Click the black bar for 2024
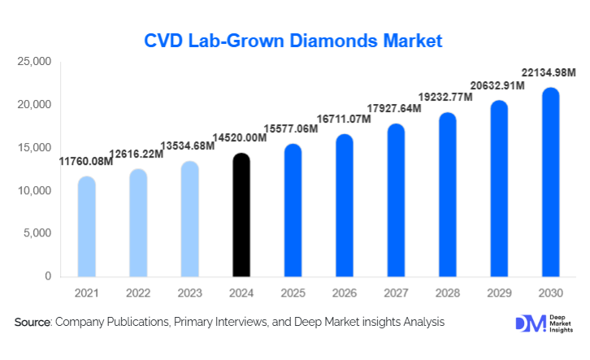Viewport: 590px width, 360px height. (x=241, y=215)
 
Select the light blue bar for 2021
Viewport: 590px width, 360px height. (x=86, y=227)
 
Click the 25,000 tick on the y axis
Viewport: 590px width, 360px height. (x=35, y=62)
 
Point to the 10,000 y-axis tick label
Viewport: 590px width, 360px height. (x=35, y=191)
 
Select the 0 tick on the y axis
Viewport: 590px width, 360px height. (x=48, y=277)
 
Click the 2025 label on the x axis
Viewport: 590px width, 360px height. (x=293, y=292)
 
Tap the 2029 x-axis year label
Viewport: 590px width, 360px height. (x=499, y=292)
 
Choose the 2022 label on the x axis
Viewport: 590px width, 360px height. (x=138, y=292)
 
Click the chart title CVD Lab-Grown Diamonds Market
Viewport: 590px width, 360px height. (x=293, y=41)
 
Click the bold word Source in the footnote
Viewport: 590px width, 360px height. (x=33, y=323)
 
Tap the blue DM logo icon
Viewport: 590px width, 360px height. (x=526, y=323)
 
